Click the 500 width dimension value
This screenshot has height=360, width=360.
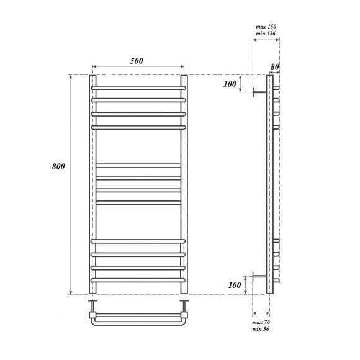(137, 60)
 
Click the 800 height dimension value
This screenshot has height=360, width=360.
(59, 166)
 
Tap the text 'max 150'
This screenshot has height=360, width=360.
(266, 27)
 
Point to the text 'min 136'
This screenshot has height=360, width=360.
(266, 34)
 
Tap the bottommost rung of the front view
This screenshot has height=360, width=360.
(138, 281)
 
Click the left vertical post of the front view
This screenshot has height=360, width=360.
(93, 186)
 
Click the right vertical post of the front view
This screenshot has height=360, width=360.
(184, 186)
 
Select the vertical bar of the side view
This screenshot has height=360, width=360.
(269, 186)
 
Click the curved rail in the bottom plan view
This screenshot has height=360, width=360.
(138, 322)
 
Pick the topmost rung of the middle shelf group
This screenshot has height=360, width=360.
(138, 165)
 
